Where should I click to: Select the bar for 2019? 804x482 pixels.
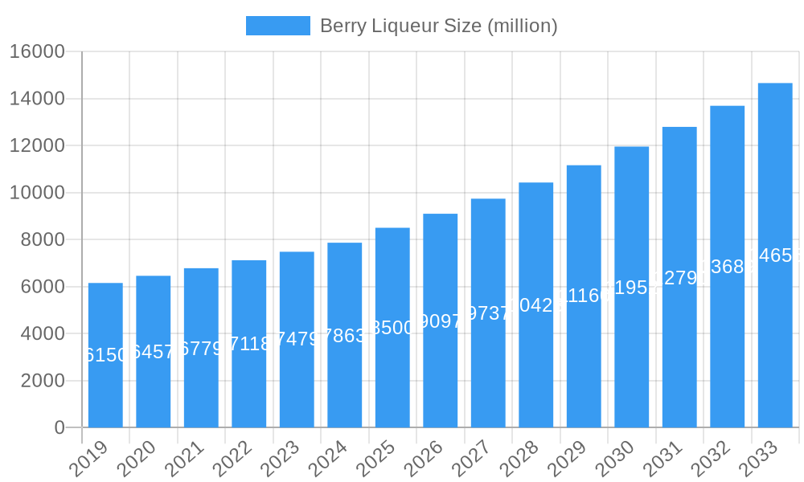pos(105,355)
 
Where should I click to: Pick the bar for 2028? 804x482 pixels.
pos(535,305)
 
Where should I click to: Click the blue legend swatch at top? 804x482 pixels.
pos(277,26)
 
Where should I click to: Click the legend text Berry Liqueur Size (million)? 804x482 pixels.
pos(438,26)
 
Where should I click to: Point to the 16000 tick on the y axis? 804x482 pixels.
pos(37,51)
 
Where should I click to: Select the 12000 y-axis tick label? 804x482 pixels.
pos(37,145)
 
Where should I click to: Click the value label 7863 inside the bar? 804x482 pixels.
pos(345,336)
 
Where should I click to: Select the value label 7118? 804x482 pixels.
pos(249,344)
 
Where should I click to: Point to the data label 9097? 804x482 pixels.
pos(441,321)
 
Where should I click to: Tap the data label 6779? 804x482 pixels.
pos(201,349)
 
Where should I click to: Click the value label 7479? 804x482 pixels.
pos(297,339)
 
